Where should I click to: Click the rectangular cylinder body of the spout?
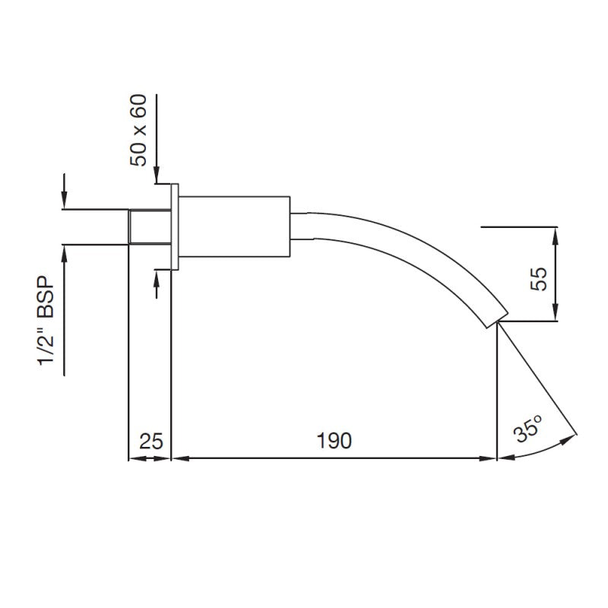tap(236, 226)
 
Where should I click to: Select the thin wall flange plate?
tap(174, 226)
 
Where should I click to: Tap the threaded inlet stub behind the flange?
tap(149, 226)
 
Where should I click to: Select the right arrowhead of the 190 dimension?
tap(490, 458)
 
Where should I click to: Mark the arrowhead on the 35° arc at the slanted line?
tap(571, 437)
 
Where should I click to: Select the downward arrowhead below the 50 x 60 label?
tap(156, 178)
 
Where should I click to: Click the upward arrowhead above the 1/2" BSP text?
tap(65, 250)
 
